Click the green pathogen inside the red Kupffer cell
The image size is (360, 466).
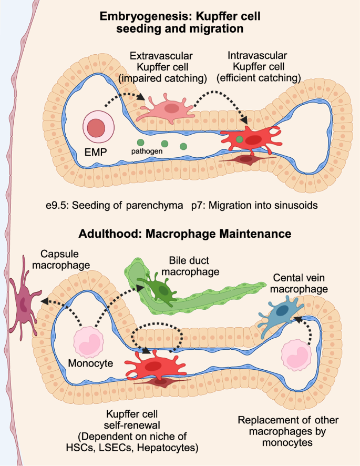click(x=240, y=139)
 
